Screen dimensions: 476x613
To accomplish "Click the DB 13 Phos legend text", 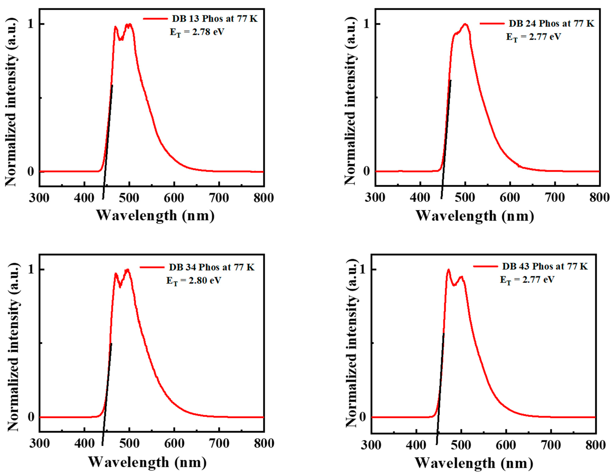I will (214, 18).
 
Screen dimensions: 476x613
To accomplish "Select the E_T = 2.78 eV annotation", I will (197, 32).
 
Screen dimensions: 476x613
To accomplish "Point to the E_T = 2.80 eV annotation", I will (194, 280).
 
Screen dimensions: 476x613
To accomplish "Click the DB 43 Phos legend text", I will (545, 266).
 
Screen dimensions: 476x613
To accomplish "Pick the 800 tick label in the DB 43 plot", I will (596, 445).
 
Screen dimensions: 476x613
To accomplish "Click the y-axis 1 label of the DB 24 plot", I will (366, 24).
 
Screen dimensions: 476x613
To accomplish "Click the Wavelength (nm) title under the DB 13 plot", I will (155, 215).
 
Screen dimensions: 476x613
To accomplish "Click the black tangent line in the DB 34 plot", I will (107, 393).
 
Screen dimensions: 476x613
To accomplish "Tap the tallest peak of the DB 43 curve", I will (448, 270).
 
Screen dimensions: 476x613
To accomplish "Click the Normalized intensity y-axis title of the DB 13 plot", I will (11, 102).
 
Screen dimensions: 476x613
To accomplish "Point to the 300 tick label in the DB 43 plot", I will (371, 445).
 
